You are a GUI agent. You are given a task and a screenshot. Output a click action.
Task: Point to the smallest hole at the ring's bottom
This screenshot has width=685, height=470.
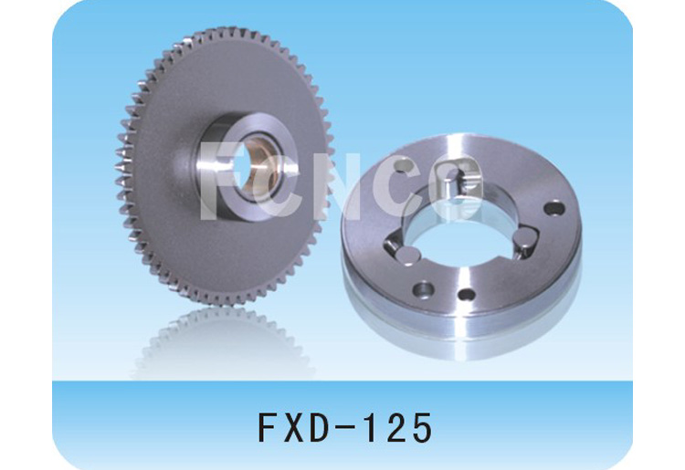pyautogui.click(x=467, y=295)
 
